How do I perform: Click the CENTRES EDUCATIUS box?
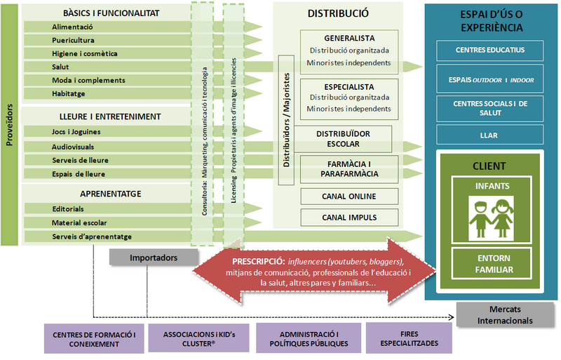(x=489, y=51)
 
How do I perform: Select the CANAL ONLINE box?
(x=349, y=196)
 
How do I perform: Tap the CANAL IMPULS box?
(x=349, y=218)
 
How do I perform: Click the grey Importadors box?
(x=154, y=258)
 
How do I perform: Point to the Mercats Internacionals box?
(x=505, y=315)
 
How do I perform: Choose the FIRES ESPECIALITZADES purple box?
(x=409, y=338)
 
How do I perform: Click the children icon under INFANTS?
(x=492, y=218)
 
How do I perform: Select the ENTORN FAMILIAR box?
(x=492, y=264)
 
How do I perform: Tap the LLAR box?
(x=489, y=135)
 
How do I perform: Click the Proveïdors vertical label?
(x=9, y=125)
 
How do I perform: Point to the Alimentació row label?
(x=72, y=27)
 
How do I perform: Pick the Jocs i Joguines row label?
(x=76, y=132)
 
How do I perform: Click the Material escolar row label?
(x=79, y=222)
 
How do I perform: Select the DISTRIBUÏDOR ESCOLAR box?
(x=343, y=139)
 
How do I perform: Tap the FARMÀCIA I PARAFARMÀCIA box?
(x=349, y=169)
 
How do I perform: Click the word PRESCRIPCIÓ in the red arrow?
(x=258, y=262)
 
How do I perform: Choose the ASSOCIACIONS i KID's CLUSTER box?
(x=198, y=338)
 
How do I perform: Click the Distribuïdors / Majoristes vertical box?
(x=286, y=120)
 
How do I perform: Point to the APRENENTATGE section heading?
(x=111, y=194)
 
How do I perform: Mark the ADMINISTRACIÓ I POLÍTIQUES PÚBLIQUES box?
(x=309, y=338)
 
